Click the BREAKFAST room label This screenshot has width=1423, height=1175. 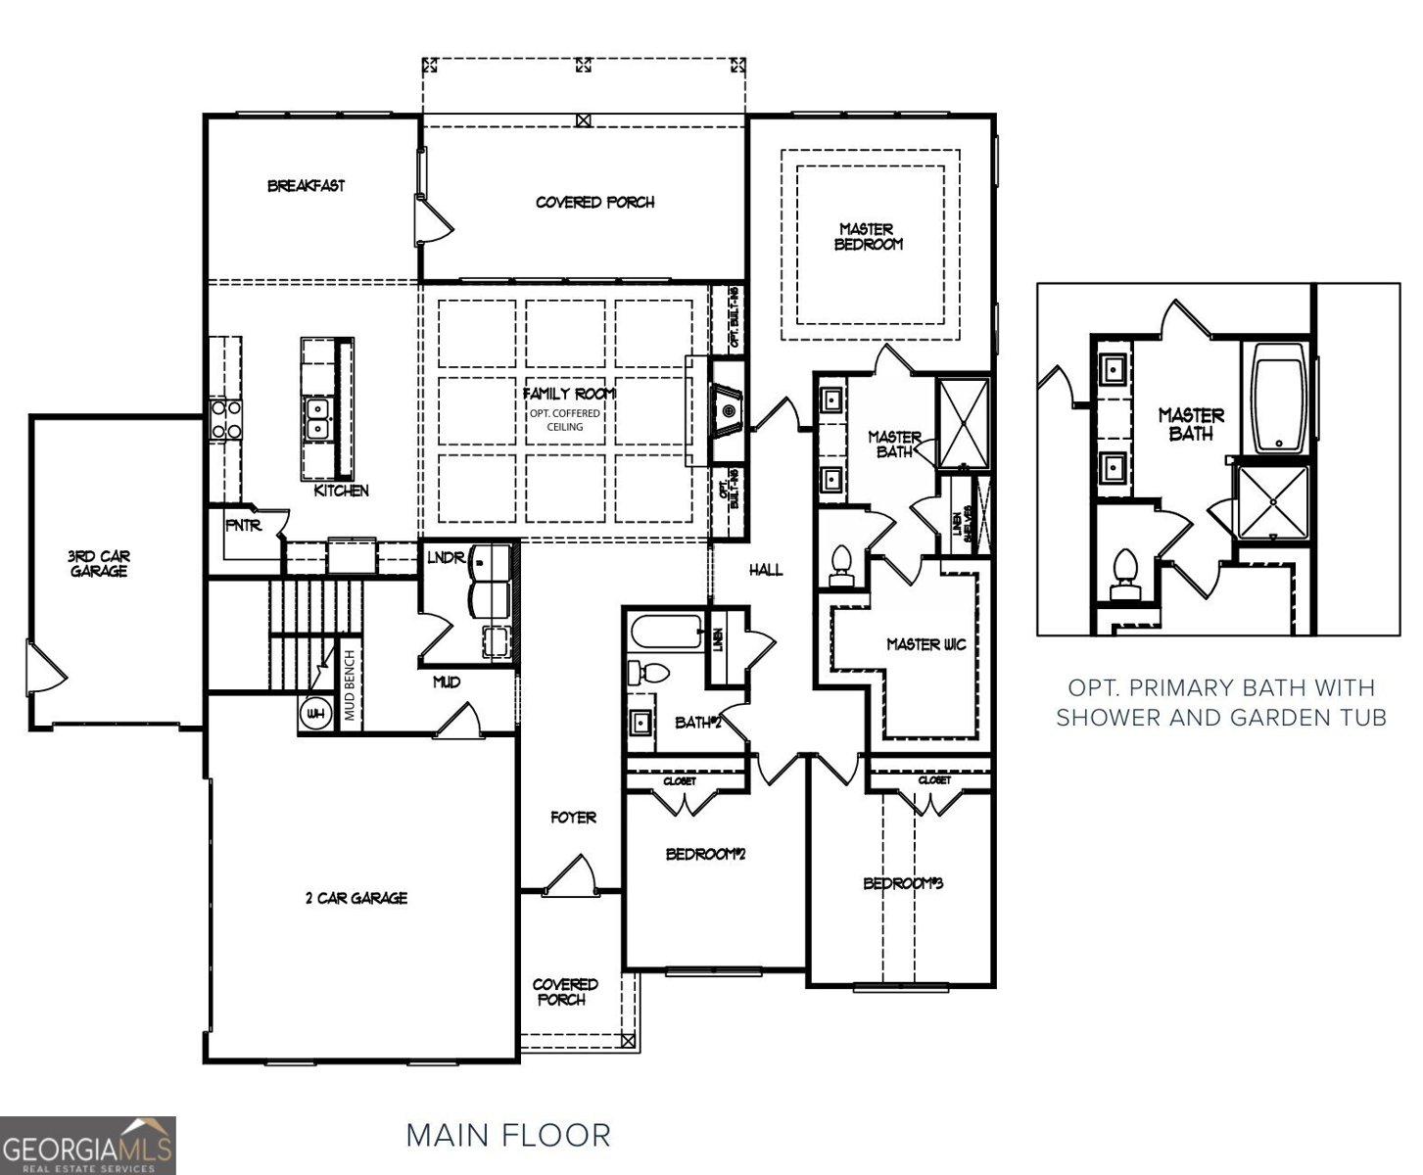[307, 185]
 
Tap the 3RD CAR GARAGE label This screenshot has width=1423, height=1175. [99, 563]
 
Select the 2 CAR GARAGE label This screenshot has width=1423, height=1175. [356, 897]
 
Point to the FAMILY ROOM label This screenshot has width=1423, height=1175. [569, 394]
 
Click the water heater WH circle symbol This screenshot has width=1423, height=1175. [314, 714]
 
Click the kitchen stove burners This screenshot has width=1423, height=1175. [224, 418]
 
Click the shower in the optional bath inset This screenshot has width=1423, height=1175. [1272, 502]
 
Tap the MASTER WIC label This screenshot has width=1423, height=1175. [925, 644]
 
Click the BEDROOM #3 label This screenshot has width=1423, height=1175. [902, 883]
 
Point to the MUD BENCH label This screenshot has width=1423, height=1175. [350, 685]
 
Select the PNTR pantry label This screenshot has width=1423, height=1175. [243, 526]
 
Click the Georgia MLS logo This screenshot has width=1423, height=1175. [88, 1145]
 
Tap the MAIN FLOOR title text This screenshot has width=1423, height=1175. [508, 1136]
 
